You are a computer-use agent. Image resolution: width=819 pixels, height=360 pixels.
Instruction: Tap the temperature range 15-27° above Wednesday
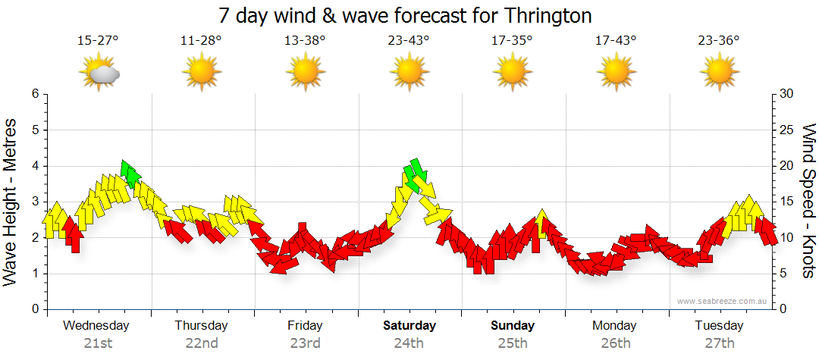98,41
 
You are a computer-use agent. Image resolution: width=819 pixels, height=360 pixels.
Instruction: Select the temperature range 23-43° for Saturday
409,41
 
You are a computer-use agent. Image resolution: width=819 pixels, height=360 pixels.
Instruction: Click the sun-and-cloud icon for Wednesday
99,73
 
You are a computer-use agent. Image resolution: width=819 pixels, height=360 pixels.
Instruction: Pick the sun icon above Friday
305,73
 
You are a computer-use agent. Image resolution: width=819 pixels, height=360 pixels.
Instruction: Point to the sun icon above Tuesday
719,73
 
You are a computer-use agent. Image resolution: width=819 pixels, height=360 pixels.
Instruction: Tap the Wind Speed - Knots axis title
808,202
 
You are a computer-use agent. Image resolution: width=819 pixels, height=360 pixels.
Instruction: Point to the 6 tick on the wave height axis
34,94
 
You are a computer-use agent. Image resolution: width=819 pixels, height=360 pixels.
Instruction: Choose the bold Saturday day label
409,326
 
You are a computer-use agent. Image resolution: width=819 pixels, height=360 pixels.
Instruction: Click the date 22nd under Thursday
202,343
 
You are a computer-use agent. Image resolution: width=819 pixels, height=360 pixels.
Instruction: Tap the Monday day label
615,326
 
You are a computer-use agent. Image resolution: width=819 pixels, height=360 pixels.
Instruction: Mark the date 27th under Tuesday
719,343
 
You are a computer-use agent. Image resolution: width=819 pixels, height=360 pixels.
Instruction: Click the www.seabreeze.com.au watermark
723,301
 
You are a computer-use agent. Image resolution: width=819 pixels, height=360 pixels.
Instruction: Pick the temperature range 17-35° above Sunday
512,41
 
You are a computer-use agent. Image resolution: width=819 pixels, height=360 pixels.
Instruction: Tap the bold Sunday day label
512,326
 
